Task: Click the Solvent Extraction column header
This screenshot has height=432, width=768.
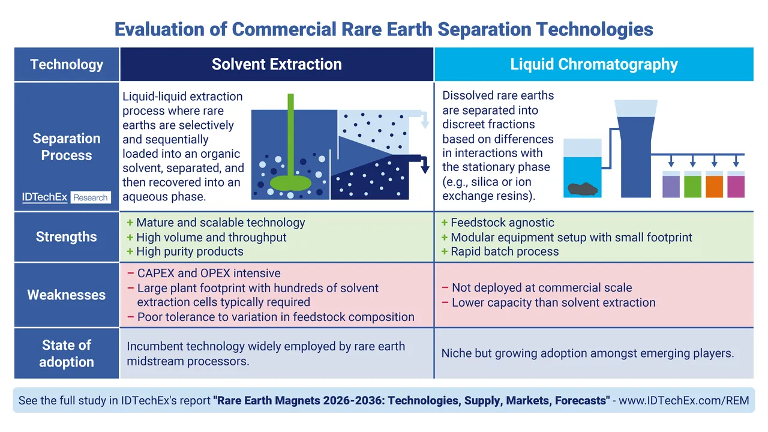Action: click(277, 64)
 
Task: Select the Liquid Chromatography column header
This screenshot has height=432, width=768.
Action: click(594, 64)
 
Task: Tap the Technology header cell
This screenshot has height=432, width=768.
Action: click(67, 64)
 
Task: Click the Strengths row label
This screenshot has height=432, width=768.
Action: click(67, 236)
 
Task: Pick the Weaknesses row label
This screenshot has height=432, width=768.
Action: click(67, 295)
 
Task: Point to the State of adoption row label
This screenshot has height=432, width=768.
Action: click(67, 353)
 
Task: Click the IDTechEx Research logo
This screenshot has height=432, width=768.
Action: click(67, 197)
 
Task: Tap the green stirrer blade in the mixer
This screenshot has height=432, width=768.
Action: click(291, 183)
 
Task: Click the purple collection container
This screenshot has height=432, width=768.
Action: click(671, 184)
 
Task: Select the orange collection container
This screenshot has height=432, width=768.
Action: click(714, 184)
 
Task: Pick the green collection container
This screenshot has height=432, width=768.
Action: click(692, 184)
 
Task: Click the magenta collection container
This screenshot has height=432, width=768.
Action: click(736, 184)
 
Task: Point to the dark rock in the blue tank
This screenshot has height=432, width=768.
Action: click(583, 189)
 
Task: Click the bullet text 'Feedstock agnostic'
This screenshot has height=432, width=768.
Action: click(502, 223)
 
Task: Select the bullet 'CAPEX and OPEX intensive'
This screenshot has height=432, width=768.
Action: click(209, 273)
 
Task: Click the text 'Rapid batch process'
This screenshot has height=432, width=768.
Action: click(505, 251)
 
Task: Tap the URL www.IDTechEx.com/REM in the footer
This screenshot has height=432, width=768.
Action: click(683, 400)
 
